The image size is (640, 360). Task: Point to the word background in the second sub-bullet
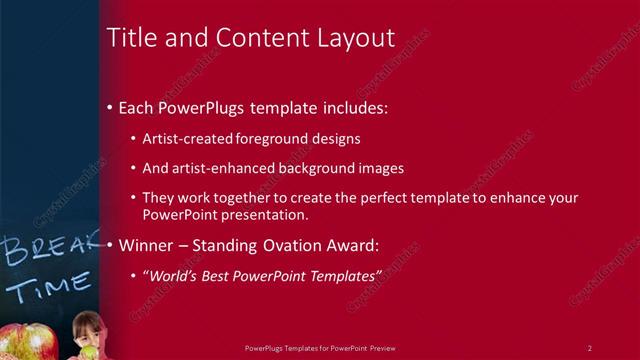321,168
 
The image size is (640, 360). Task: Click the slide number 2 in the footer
589,347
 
